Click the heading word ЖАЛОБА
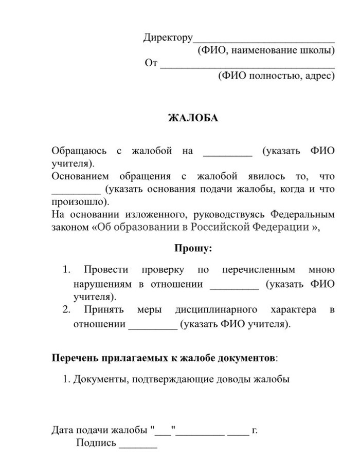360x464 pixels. [x=193, y=118]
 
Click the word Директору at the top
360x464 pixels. [x=168, y=38]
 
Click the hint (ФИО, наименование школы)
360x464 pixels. [x=266, y=50]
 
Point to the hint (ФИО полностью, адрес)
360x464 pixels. [x=276, y=76]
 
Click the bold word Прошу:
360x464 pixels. [x=193, y=248]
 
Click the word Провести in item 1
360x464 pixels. [x=103, y=269]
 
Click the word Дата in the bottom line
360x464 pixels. [x=62, y=430]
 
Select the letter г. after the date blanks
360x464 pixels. [x=254, y=431]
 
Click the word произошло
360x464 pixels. [x=78, y=201]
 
